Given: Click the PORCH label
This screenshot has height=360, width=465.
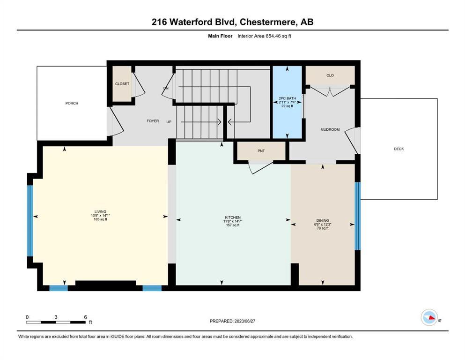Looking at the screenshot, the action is click(72, 103).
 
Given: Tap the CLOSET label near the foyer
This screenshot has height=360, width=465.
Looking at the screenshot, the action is click(122, 84).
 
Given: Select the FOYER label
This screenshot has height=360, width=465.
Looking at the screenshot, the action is click(153, 121).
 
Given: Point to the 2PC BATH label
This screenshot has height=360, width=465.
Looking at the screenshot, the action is click(287, 98).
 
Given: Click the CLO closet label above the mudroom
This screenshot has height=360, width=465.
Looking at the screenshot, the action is click(330, 75).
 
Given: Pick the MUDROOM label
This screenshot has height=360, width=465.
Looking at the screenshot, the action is click(330, 129).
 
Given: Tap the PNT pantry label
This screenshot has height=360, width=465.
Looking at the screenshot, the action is click(261, 151).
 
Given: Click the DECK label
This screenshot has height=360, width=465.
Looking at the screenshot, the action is click(399, 149).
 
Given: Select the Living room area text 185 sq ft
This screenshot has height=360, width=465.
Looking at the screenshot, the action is click(100, 219).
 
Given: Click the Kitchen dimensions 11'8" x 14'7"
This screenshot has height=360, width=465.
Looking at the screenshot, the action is click(232, 221).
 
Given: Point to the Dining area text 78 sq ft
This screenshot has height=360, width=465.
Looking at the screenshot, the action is click(323, 228).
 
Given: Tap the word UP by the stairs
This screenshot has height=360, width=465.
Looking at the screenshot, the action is click(169, 122).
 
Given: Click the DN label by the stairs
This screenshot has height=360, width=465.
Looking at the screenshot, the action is click(166, 88).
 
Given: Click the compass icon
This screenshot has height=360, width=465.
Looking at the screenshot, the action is click(429, 317).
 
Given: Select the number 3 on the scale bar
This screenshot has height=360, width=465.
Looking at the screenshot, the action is click(56, 317).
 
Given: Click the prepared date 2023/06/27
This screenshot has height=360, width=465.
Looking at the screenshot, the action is click(244, 321).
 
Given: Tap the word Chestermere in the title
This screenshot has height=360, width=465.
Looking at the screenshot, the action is click(268, 22).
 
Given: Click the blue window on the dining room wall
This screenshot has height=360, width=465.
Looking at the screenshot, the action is click(358, 216).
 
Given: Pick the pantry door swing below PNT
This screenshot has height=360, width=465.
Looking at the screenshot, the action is click(260, 167).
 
